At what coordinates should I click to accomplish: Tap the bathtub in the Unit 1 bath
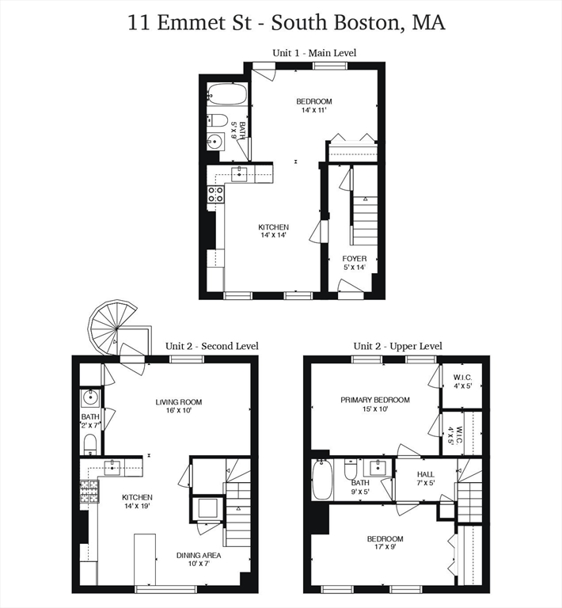coord(227,94)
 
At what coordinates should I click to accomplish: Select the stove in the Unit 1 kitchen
coord(215,194)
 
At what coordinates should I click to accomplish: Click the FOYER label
coord(355,259)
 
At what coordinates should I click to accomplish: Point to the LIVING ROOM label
coord(179,402)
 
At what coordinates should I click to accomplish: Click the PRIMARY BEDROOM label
coord(375,400)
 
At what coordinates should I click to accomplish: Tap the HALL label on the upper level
coord(426,474)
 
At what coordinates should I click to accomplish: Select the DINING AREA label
coord(199,555)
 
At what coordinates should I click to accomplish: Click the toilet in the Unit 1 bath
coord(217,120)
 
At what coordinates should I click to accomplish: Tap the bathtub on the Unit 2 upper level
coord(322,480)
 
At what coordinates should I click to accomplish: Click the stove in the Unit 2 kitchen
coord(89,492)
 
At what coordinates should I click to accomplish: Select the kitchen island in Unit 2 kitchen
coord(145,559)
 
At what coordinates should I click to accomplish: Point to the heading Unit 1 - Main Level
coord(314,53)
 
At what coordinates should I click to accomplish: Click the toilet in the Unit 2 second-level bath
coord(90,444)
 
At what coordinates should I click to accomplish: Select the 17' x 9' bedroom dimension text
coord(385,547)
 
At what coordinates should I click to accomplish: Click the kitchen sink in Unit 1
coord(240,174)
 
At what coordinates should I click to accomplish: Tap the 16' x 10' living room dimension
coord(179,410)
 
